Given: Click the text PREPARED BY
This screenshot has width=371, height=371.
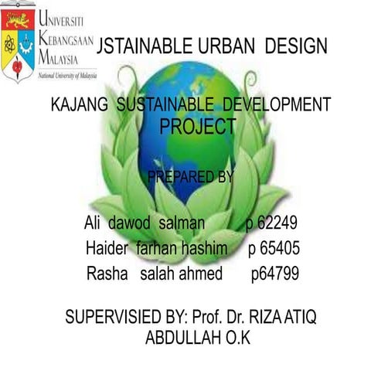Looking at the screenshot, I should coord(189,178).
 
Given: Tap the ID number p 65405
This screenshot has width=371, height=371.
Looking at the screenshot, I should coord(274,249).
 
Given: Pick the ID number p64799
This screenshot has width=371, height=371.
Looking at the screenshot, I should coord(275,274).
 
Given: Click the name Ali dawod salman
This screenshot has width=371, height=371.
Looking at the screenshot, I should coord(145,224).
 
